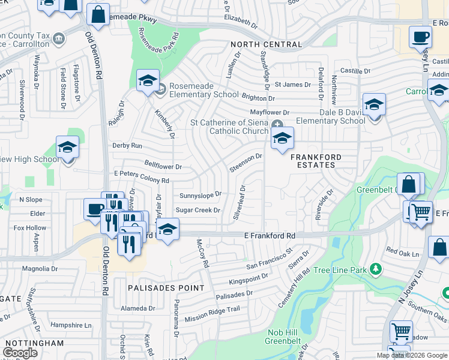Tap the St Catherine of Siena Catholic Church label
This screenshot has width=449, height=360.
pos(229,127)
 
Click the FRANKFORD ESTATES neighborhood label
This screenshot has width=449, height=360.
pos(316,161)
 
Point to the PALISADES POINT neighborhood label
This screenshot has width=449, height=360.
pos(166,288)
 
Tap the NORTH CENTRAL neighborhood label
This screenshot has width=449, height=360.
pos(267,45)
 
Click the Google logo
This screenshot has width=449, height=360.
pos(20,353)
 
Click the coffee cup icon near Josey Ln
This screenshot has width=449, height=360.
pos(420,37)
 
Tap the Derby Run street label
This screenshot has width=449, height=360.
pos(127,146)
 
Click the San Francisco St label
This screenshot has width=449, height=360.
pos(268,259)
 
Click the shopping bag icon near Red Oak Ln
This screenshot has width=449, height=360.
pos(439,247)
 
